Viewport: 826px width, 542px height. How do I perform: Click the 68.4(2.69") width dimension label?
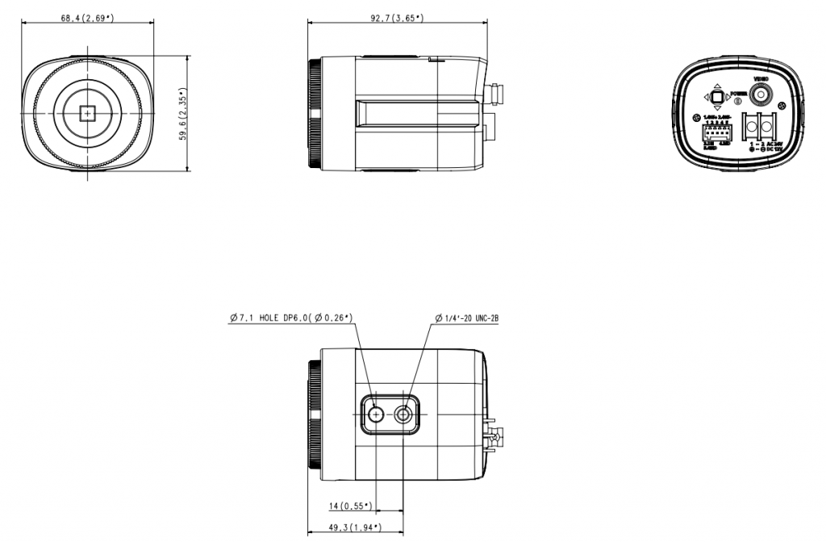[87, 18]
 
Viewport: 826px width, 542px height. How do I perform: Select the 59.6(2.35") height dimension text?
[183, 114]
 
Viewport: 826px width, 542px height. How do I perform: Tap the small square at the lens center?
[86, 114]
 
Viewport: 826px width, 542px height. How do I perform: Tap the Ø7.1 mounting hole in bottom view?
[377, 414]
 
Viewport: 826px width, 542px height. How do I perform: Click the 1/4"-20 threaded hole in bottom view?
[403, 414]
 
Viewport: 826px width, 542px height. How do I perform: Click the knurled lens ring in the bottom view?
[314, 414]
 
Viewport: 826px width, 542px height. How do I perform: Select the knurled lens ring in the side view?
[314, 114]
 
